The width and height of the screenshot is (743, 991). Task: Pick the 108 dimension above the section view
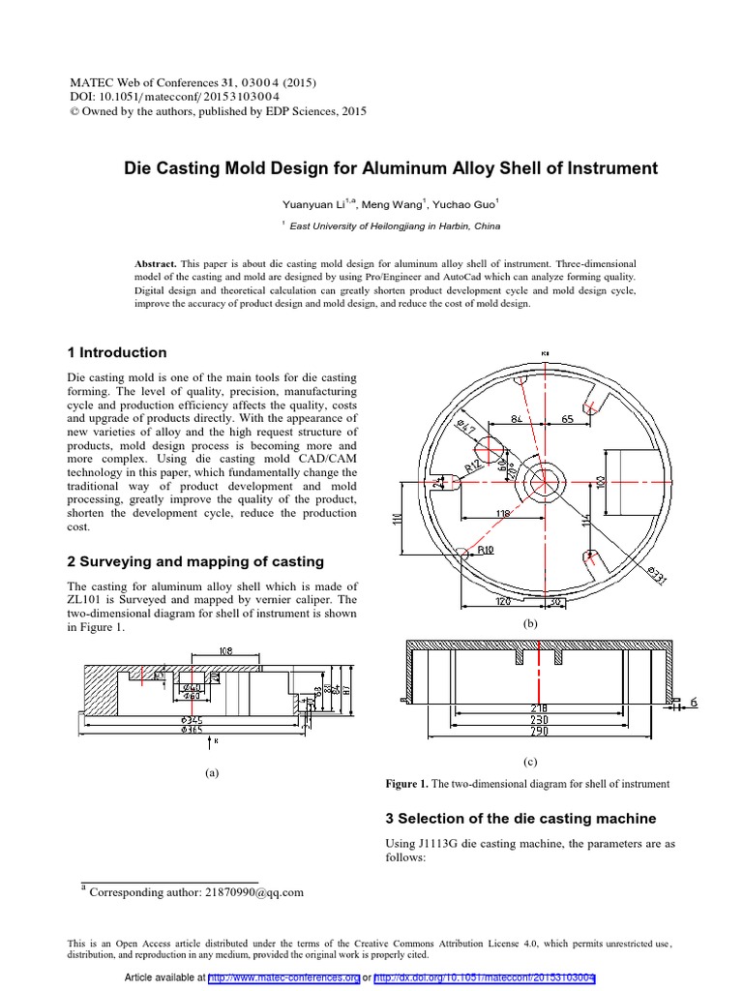(224, 650)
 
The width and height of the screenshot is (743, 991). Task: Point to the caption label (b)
(530, 625)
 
